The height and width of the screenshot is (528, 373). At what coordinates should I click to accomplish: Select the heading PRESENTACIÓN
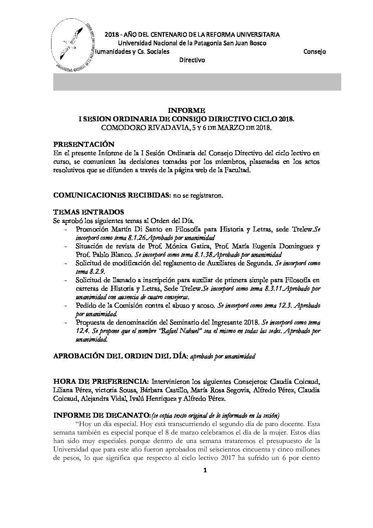tap(84, 144)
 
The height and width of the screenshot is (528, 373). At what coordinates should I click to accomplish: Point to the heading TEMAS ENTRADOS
tap(88, 212)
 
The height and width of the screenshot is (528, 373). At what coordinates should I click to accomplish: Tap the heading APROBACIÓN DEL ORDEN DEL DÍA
tap(121, 356)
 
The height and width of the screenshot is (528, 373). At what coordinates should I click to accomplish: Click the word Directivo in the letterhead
tap(192, 60)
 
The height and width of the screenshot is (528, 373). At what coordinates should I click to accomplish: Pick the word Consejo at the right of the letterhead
tap(314, 52)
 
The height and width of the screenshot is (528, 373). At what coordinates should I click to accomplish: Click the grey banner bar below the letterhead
tap(197, 82)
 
